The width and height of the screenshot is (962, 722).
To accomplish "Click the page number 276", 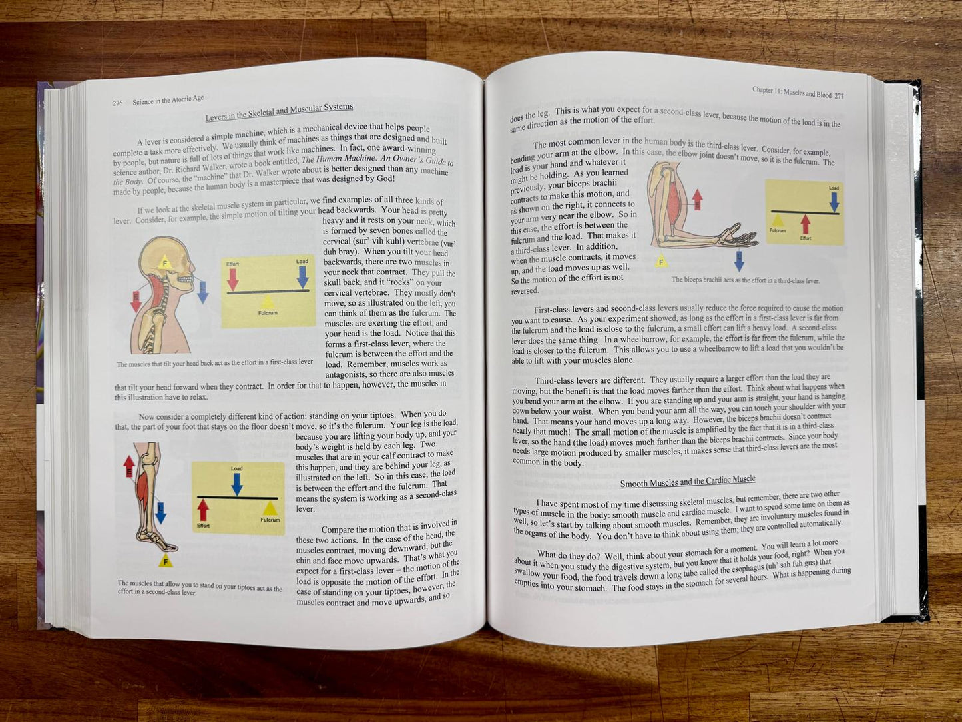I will [117, 103].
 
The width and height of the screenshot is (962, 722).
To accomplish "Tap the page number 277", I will [839, 95].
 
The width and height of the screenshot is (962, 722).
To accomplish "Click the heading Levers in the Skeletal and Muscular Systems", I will [279, 113].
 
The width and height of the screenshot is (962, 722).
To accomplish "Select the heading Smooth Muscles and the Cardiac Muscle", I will [688, 482].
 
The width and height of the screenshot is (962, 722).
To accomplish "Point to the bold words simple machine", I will [238, 133].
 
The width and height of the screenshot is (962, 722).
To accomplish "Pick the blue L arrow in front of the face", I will [203, 291].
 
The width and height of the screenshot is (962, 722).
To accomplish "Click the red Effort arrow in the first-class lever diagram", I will [232, 278].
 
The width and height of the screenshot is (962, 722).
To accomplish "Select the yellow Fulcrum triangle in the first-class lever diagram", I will [268, 302].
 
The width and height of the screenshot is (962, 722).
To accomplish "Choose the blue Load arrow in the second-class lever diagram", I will [237, 483].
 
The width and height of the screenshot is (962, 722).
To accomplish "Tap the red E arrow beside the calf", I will [129, 465].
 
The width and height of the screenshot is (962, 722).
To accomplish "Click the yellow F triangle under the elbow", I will [662, 261].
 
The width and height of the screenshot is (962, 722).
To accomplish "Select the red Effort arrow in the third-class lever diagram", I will [806, 224].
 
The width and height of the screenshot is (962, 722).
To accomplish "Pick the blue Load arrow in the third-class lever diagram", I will [834, 200].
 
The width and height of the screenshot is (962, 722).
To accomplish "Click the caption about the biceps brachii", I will [745, 280].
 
